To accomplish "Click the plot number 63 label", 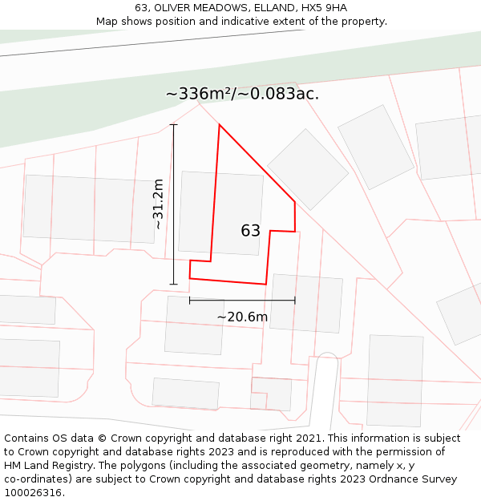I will click(250, 231).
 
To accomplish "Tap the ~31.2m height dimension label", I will click(158, 204).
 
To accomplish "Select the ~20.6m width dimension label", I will click(242, 317).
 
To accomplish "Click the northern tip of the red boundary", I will click(219, 125).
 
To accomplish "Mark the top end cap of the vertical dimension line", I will click(174, 125).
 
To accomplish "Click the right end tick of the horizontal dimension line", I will click(295, 301).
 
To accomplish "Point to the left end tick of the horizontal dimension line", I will click(190, 301).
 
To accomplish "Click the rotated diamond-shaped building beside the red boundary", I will click(308, 169).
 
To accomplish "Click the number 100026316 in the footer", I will click(34, 493).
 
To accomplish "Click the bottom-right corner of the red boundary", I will click(265, 284).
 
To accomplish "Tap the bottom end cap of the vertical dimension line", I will click(174, 284).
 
